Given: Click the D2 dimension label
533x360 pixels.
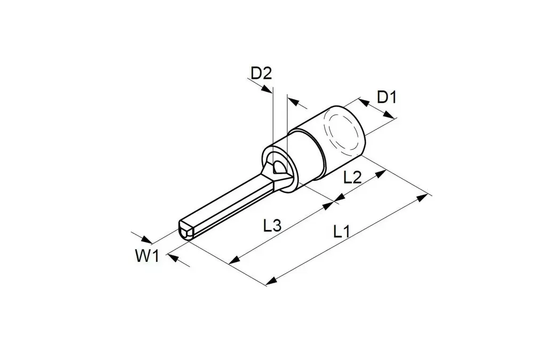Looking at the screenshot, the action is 261,73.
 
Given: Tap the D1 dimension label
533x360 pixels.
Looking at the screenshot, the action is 387,97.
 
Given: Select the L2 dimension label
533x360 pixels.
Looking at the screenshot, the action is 352,177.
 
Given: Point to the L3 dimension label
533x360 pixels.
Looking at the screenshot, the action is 272,225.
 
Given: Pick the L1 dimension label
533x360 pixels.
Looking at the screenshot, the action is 341,231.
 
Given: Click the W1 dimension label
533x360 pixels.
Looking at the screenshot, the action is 147,256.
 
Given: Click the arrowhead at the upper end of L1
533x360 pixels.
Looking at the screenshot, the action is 422,197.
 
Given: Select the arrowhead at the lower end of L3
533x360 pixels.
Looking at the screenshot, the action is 235,260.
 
